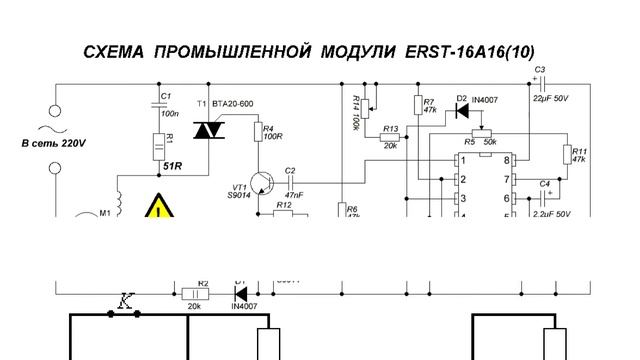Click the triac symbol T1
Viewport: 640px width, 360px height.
pos(211,130)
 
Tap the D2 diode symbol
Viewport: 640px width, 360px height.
pos(462,110)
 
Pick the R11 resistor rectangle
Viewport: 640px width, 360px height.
pos(567,155)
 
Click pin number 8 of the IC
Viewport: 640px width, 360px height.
pos(508,160)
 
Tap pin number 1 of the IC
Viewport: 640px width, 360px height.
pos(463,160)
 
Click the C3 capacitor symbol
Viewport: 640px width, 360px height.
pos(540,82)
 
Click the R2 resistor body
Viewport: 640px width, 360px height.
pos(196,295)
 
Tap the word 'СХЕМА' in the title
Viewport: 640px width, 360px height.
pos(116,50)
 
